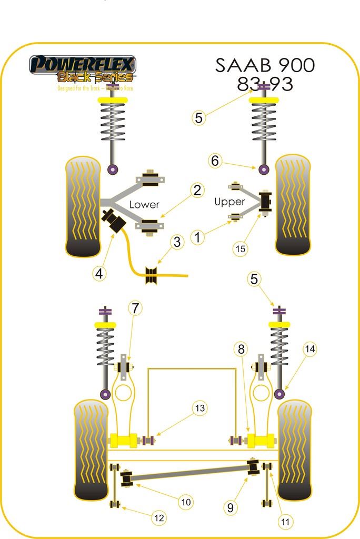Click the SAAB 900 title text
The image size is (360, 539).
click(265, 65)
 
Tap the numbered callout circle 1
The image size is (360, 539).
click(197, 238)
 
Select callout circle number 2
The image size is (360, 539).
click(197, 190)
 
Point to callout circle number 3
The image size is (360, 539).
click(177, 242)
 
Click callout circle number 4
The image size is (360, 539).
click(99, 273)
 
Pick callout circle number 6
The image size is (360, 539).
click(215, 161)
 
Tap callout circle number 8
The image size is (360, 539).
click(241, 349)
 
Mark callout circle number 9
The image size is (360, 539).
click(230, 508)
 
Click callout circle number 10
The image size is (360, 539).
click(185, 502)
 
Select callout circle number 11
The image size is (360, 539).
click(285, 522)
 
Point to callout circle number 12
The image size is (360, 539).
click(158, 518)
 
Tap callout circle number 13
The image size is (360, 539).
click(200, 407)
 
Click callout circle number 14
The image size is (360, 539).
click(311, 348)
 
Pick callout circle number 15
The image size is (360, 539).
click(241, 249)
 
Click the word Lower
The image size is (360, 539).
click(144, 204)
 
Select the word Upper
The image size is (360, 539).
click(229, 202)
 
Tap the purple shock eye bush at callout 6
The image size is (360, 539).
click(264, 169)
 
